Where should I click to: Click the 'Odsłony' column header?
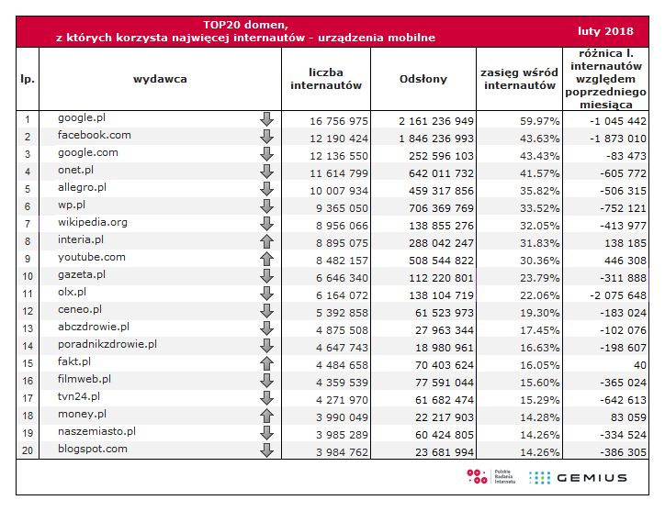(x=423, y=79)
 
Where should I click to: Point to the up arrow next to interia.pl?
(x=267, y=241)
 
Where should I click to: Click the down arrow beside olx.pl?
(x=267, y=294)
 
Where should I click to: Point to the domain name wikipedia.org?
(x=92, y=223)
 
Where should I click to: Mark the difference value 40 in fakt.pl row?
(x=639, y=364)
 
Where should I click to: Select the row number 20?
(x=28, y=450)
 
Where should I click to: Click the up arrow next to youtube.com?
(x=267, y=259)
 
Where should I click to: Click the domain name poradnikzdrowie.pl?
(x=107, y=344)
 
